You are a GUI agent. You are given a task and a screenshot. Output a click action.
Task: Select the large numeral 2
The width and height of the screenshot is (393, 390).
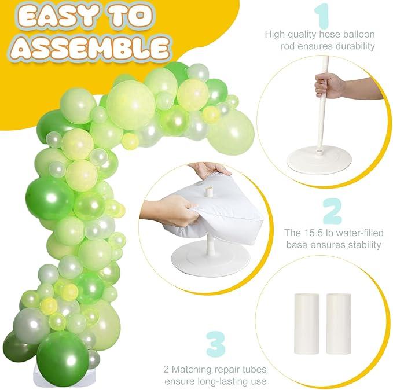click(x=332, y=211)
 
